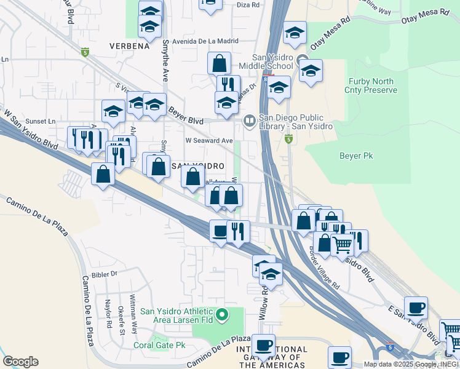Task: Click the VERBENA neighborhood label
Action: [129, 46]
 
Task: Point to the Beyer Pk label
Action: [356, 156]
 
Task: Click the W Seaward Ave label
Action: [208, 141]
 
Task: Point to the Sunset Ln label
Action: [39, 122]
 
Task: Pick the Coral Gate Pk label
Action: [159, 345]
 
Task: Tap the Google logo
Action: [20, 362]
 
